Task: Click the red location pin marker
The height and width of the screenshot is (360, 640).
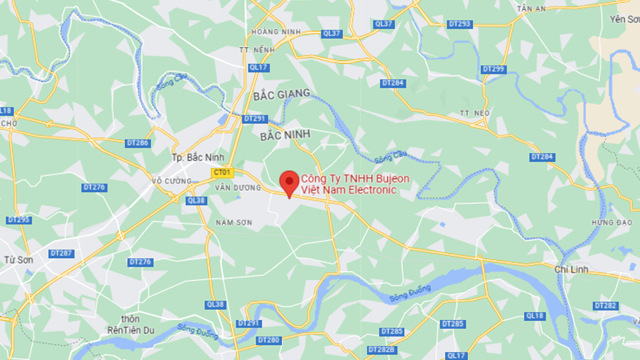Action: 289,183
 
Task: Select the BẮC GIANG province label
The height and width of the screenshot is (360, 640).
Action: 282,94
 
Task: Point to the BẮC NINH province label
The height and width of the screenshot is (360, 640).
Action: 285,135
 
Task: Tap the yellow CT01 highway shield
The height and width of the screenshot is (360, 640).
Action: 222,173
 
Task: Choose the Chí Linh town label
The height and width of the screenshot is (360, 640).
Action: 572,270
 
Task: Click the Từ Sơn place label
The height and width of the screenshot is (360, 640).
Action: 18,260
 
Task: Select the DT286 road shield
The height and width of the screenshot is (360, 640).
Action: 138,143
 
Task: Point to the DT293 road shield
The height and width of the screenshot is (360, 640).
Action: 460,24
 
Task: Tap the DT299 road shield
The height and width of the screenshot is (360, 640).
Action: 493,69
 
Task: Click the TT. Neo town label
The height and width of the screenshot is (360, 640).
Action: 474,113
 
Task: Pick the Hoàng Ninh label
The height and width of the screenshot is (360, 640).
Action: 267,31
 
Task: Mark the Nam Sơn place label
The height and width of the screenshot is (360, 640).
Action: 233,223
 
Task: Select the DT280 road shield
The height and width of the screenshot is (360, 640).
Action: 268,339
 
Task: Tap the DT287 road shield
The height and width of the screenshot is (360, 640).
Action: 61,253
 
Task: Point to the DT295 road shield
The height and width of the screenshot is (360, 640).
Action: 19,220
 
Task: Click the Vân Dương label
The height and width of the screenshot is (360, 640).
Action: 238,188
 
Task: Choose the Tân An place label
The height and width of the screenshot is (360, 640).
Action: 531,8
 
